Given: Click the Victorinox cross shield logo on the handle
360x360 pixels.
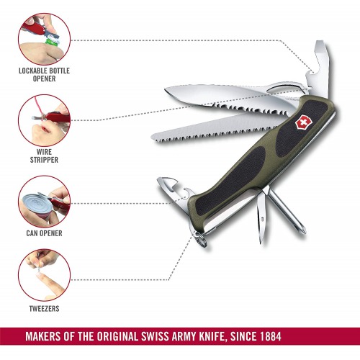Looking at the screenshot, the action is click(303, 124).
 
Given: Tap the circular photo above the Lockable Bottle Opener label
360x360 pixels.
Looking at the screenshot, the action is click(45, 39).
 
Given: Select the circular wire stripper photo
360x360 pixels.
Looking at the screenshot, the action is click(45, 120).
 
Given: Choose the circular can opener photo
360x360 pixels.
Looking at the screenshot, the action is click(45, 202).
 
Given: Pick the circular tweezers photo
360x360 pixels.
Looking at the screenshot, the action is click(45, 275).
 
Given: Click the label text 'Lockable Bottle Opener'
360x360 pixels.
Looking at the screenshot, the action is click(44, 75).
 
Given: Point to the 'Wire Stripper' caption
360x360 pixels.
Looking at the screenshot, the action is click(44, 156).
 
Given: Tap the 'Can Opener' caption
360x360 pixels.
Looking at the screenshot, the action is click(44, 233).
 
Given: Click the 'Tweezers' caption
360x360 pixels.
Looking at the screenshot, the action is click(44, 309).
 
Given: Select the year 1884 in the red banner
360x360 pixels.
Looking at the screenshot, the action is click(271, 336).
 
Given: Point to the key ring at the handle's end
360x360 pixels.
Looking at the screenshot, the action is click(199, 239).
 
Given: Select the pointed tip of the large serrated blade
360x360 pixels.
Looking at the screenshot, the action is click(166, 90).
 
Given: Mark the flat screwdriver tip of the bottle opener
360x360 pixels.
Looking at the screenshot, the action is click(319, 42).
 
